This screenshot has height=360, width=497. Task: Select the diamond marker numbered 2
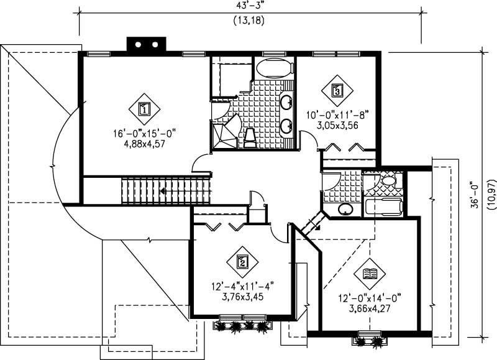(x=242, y=262)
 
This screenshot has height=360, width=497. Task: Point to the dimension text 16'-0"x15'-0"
(x=145, y=132)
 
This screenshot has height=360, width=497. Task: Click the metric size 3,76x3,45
(x=242, y=297)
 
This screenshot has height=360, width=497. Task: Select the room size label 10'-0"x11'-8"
(x=338, y=114)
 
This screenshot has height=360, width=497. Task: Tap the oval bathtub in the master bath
(x=273, y=68)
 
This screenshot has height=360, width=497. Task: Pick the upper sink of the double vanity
(x=287, y=102)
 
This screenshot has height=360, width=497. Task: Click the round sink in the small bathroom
(x=345, y=209)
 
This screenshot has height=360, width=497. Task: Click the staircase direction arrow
(x=163, y=192)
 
